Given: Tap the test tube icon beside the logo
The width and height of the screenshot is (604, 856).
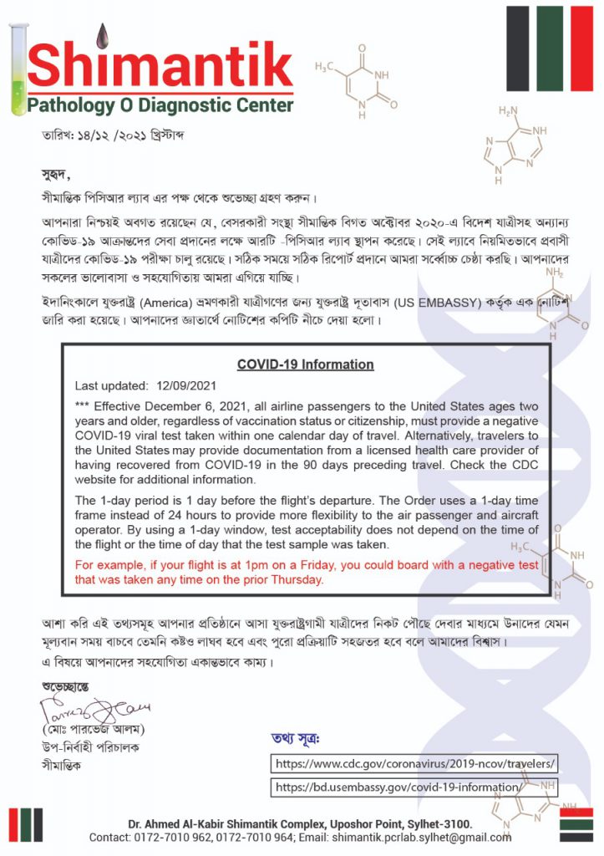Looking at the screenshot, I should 18,70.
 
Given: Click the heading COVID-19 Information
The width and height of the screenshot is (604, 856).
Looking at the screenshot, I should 305,364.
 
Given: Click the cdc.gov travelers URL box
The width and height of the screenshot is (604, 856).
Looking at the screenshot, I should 415,764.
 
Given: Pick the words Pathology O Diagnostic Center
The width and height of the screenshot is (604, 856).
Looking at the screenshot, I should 160,105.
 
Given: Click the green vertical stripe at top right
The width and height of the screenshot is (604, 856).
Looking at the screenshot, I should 549,48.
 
